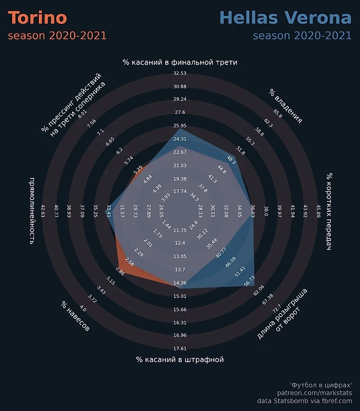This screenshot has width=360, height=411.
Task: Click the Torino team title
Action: point(37,18)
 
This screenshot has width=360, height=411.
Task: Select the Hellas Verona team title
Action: point(286,18)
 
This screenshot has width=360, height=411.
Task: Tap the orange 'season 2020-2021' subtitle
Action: point(57,36)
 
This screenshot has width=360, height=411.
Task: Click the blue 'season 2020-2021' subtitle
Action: point(302,36)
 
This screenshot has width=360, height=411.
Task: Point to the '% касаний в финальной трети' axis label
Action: point(180,63)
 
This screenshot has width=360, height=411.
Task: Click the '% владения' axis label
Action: point(286,106)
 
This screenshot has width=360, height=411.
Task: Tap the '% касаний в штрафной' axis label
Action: point(180,360)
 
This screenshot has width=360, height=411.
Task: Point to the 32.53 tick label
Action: point(180,73)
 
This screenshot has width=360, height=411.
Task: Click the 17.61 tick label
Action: point(180,348)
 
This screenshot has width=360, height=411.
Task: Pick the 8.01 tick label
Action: point(82,113)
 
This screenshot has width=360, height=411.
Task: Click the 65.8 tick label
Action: point(278,113)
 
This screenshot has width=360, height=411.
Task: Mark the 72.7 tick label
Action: point(277,308)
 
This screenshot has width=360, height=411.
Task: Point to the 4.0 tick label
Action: point(83,309)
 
